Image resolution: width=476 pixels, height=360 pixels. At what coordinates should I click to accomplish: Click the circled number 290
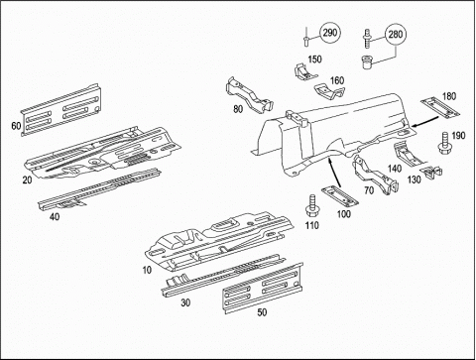click(x=330, y=33)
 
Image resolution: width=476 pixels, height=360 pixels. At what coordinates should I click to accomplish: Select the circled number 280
click(x=396, y=35)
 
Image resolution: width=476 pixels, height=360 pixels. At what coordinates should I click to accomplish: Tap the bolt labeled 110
click(x=311, y=206)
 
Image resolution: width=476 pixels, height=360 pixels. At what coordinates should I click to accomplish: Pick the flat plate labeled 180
click(x=440, y=107)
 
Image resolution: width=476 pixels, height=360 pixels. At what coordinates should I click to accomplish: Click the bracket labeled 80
click(x=250, y=94)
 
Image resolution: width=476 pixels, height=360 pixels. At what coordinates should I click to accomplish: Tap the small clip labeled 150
click(x=304, y=72)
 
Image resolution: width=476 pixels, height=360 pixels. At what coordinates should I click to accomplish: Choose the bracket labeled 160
click(x=329, y=91)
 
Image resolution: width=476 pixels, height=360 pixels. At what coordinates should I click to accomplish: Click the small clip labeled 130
click(x=430, y=173)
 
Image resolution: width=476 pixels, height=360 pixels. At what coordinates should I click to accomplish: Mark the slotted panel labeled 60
click(x=61, y=109)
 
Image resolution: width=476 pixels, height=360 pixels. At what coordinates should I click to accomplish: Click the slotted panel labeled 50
click(x=264, y=288)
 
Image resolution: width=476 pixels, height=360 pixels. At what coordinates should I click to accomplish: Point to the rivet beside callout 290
click(x=305, y=37)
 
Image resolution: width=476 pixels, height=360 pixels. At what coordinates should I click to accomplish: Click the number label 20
click(x=28, y=180)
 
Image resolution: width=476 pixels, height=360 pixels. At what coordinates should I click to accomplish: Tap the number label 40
click(x=55, y=216)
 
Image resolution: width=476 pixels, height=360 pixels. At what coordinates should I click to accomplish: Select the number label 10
click(x=147, y=270)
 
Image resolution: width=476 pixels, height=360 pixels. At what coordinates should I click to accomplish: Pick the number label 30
click(x=185, y=302)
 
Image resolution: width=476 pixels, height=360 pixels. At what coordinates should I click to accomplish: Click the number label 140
click(x=395, y=169)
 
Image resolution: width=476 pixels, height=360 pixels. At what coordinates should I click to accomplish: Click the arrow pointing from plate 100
click(x=334, y=173)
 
